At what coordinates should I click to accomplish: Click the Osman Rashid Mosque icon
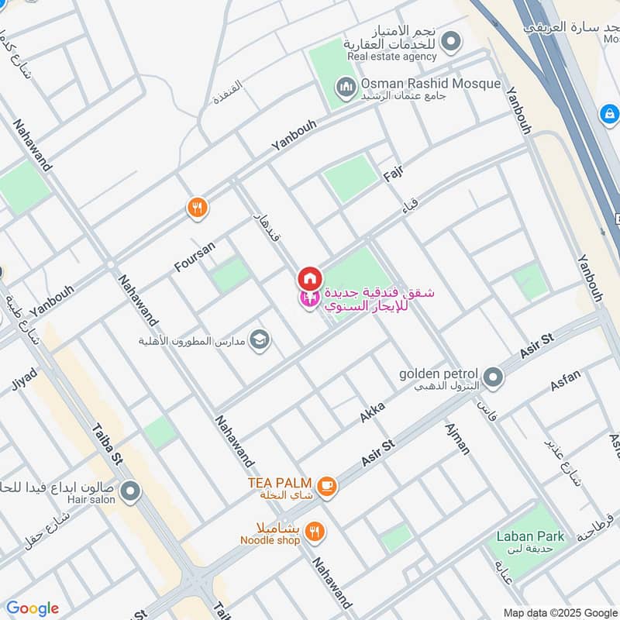pyautogui.click(x=346, y=84)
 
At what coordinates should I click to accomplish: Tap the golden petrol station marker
pyautogui.click(x=493, y=378)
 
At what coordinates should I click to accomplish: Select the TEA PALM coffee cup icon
pyautogui.click(x=327, y=485)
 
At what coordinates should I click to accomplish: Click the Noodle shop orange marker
pyautogui.click(x=315, y=531)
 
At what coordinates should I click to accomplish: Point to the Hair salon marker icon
pyautogui.click(x=130, y=491)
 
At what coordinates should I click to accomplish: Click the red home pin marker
pyautogui.click(x=309, y=277)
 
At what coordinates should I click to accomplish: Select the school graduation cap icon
pyautogui.click(x=260, y=339)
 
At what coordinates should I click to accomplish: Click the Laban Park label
pyautogui.click(x=530, y=536)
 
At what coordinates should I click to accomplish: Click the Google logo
pyautogui.click(x=32, y=608)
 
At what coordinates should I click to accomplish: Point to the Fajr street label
pyautogui.click(x=394, y=174)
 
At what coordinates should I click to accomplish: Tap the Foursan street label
pyautogui.click(x=194, y=257)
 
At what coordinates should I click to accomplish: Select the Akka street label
pyautogui.click(x=372, y=412)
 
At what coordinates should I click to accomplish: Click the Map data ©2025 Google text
pyautogui.click(x=560, y=611)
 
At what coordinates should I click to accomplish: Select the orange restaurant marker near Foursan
pyautogui.click(x=198, y=207)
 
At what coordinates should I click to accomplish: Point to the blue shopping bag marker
pyautogui.click(x=609, y=114)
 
